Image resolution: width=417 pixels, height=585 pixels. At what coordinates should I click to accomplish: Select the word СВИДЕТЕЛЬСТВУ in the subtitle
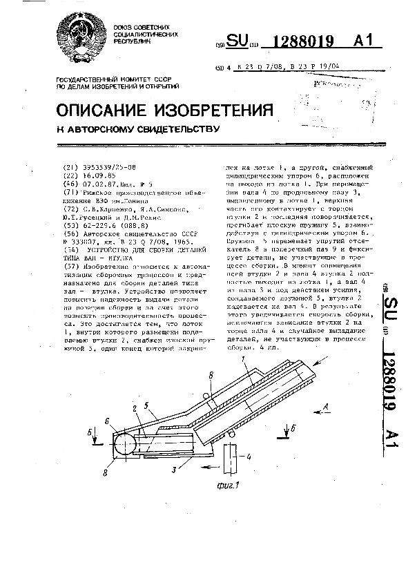[x=176, y=128]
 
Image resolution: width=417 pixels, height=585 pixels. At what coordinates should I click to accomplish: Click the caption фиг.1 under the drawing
[x=224, y=485]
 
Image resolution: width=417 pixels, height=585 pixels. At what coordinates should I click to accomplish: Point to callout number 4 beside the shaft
[x=249, y=457]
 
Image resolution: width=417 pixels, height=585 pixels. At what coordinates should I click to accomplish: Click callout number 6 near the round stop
[x=107, y=420]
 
